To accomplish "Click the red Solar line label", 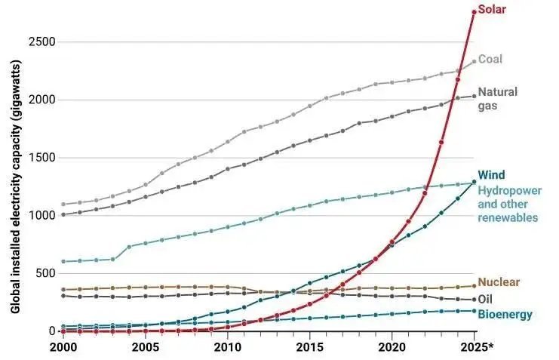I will pyautogui.click(x=492, y=10).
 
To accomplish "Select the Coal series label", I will pyautogui.click(x=490, y=59).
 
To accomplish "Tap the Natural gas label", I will pyautogui.click(x=498, y=98).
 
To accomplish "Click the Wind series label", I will pyautogui.click(x=491, y=175).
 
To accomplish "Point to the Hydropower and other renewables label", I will pyautogui.click(x=509, y=204).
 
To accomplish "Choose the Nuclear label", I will pyautogui.click(x=499, y=282).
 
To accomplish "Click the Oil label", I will pyautogui.click(x=487, y=299).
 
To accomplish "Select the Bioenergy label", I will pyautogui.click(x=505, y=314).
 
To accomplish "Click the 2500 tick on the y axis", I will pyautogui.click(x=42, y=42).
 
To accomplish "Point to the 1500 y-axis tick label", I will pyautogui.click(x=42, y=158).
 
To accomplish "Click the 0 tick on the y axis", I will pyautogui.click(x=52, y=331).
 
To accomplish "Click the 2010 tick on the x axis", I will pyautogui.click(x=227, y=349).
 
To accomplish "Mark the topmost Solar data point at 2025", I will pyautogui.click(x=474, y=11).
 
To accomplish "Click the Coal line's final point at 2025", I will pyautogui.click(x=474, y=61).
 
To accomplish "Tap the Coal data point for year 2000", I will pyautogui.click(x=63, y=204).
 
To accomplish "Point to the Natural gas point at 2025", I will pyautogui.click(x=474, y=96).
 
